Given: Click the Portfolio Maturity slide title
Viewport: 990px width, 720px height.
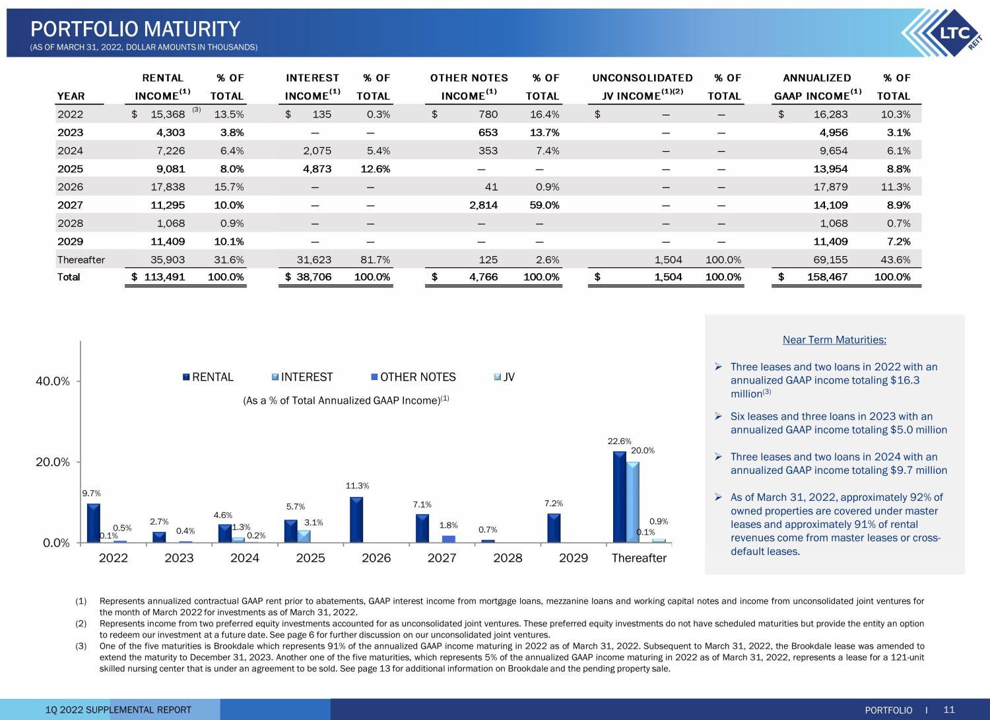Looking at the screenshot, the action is pyautogui.click(x=135, y=29).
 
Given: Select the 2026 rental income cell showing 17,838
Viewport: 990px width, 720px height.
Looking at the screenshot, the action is pyautogui.click(x=168, y=187).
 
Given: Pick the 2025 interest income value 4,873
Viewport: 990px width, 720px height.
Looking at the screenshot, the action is pyautogui.click(x=317, y=169).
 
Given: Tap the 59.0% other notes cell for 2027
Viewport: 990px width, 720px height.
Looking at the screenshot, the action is pyautogui.click(x=544, y=205).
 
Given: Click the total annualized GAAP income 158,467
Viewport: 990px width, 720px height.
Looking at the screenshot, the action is pyautogui.click(x=827, y=277).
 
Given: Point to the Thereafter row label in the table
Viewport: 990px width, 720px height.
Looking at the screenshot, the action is pyautogui.click(x=81, y=259).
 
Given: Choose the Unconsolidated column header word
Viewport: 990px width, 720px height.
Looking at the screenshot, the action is pyautogui.click(x=642, y=78).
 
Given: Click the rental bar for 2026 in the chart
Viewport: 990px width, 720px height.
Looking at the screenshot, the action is pyautogui.click(x=356, y=520).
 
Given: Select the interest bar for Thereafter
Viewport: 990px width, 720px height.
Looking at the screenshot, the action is pyautogui.click(x=633, y=502).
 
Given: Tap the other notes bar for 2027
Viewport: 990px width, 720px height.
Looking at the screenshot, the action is pyautogui.click(x=449, y=539).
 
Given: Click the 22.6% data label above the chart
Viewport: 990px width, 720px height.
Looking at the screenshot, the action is pyautogui.click(x=619, y=441).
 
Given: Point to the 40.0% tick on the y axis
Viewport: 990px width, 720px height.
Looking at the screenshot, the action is pyautogui.click(x=53, y=381).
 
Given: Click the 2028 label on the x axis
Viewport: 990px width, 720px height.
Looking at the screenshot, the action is pyautogui.click(x=508, y=558).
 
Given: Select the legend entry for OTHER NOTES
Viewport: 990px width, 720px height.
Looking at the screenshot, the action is pyautogui.click(x=413, y=377).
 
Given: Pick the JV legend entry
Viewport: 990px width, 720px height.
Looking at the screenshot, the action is pyautogui.click(x=504, y=377).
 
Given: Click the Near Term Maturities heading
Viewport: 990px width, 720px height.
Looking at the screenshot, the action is pyautogui.click(x=834, y=339).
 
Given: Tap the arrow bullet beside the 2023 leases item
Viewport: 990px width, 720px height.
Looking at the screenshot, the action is pyautogui.click(x=718, y=416).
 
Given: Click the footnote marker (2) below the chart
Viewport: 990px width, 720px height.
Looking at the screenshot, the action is pyautogui.click(x=81, y=624).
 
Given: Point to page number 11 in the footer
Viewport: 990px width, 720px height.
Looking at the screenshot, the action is pyautogui.click(x=949, y=709).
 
